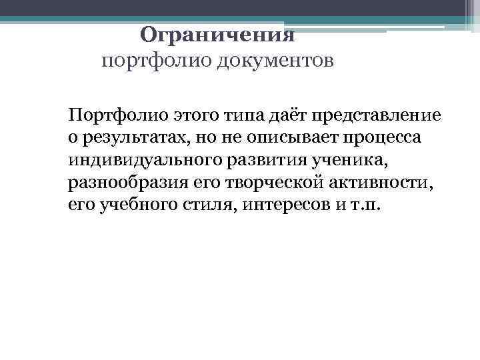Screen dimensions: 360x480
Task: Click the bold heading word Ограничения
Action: (217, 35)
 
